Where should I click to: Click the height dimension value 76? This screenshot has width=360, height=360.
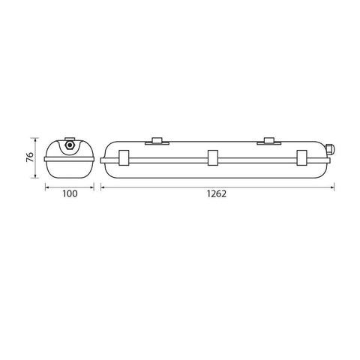click(28, 158)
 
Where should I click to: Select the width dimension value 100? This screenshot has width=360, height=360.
click(70, 193)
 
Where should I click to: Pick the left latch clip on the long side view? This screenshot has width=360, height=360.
click(124, 158)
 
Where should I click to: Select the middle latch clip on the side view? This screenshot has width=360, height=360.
click(213, 158)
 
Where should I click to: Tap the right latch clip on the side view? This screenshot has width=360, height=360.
click(301, 158)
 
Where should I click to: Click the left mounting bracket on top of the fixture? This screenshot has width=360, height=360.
click(156, 139)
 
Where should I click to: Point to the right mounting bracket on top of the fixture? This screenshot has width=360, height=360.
click(269, 139)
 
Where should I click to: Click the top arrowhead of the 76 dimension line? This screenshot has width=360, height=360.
click(34, 139)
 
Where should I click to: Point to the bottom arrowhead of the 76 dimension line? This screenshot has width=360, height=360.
click(34, 177)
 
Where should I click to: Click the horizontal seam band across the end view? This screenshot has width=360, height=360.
click(70, 158)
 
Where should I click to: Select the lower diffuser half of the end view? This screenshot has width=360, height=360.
click(70, 169)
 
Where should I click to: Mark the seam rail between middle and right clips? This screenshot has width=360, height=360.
click(257, 158)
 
